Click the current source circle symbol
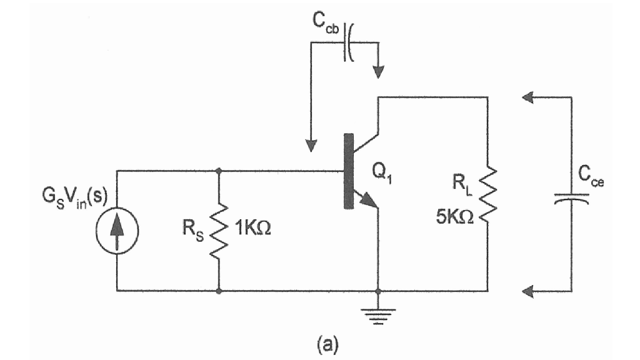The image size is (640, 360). point(117,230)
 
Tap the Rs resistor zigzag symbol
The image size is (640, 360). point(219,230)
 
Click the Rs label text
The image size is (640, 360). point(191,231)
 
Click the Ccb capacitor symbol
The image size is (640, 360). point(347,42)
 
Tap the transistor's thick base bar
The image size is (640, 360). point(347,170)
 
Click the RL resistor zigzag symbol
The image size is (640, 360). point(487,194)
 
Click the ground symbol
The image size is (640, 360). point(377,312)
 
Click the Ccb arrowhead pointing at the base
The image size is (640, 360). point(309,146)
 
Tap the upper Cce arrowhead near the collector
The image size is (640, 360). point(529,97)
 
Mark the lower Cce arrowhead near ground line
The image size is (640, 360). point(529,291)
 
